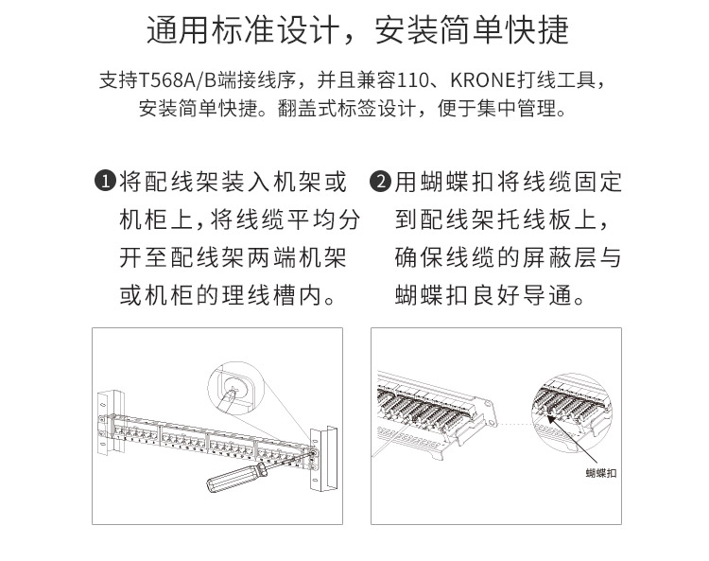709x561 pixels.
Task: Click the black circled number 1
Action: (105, 181)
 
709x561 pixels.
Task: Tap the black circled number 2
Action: (381, 181)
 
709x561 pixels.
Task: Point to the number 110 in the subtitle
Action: (412, 80)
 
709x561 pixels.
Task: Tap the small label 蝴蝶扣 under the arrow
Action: (601, 473)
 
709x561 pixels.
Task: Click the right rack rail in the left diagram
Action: (323, 458)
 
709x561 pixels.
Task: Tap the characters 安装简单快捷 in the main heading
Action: (472, 30)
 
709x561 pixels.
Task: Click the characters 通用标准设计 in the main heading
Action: (243, 30)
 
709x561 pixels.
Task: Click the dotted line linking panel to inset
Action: (515, 425)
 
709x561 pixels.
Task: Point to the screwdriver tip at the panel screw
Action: (311, 451)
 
